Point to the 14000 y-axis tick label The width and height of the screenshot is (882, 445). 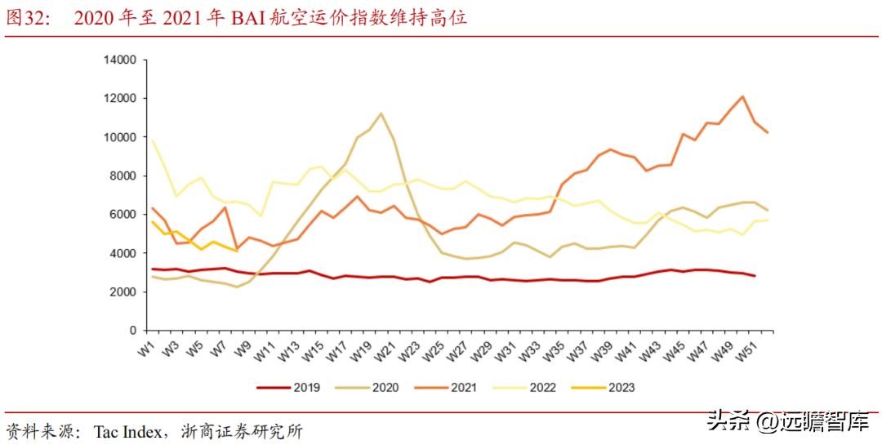[x=118, y=60]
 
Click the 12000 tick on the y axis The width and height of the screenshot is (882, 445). [x=118, y=99]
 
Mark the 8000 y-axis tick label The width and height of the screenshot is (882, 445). [x=122, y=176]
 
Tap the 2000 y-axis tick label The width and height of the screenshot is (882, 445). [x=122, y=292]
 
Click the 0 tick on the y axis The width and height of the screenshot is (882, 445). [x=131, y=331]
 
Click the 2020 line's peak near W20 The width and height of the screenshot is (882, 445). [x=381, y=113]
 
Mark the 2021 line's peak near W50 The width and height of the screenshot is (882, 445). [x=742, y=97]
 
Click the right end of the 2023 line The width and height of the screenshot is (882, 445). [x=237, y=251]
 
